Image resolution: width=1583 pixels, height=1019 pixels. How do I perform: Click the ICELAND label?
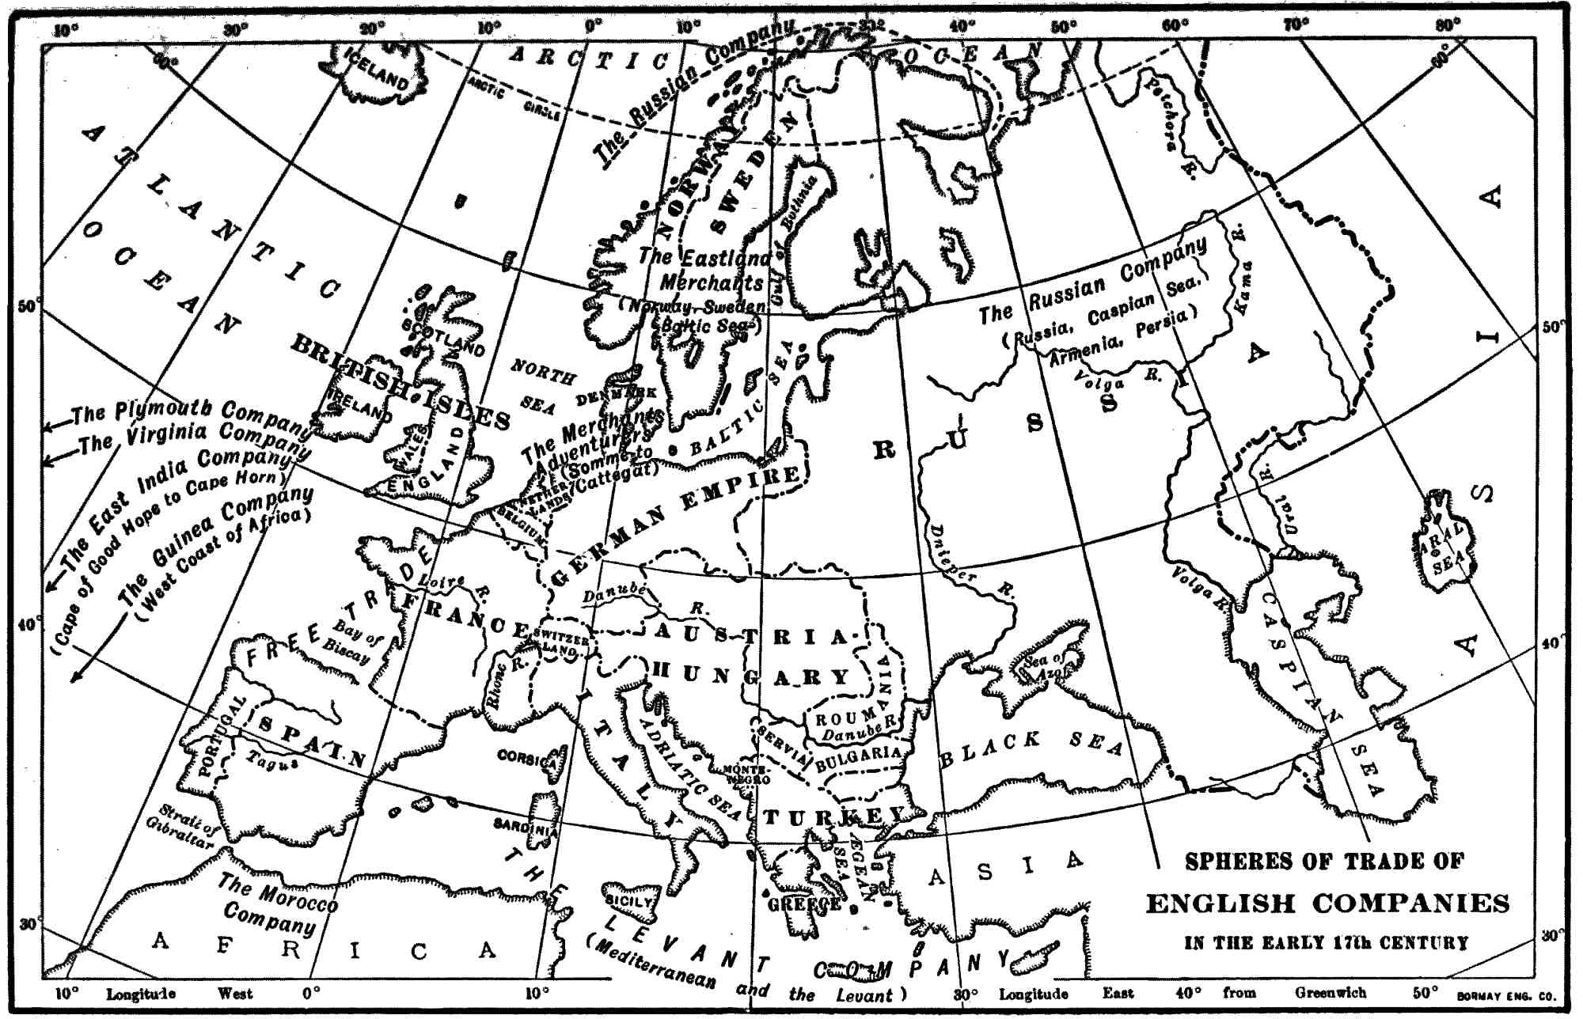coord(377,68)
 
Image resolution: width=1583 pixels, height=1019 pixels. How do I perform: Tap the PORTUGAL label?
coord(214,737)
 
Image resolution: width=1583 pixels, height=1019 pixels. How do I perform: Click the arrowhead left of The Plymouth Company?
coord(47,427)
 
